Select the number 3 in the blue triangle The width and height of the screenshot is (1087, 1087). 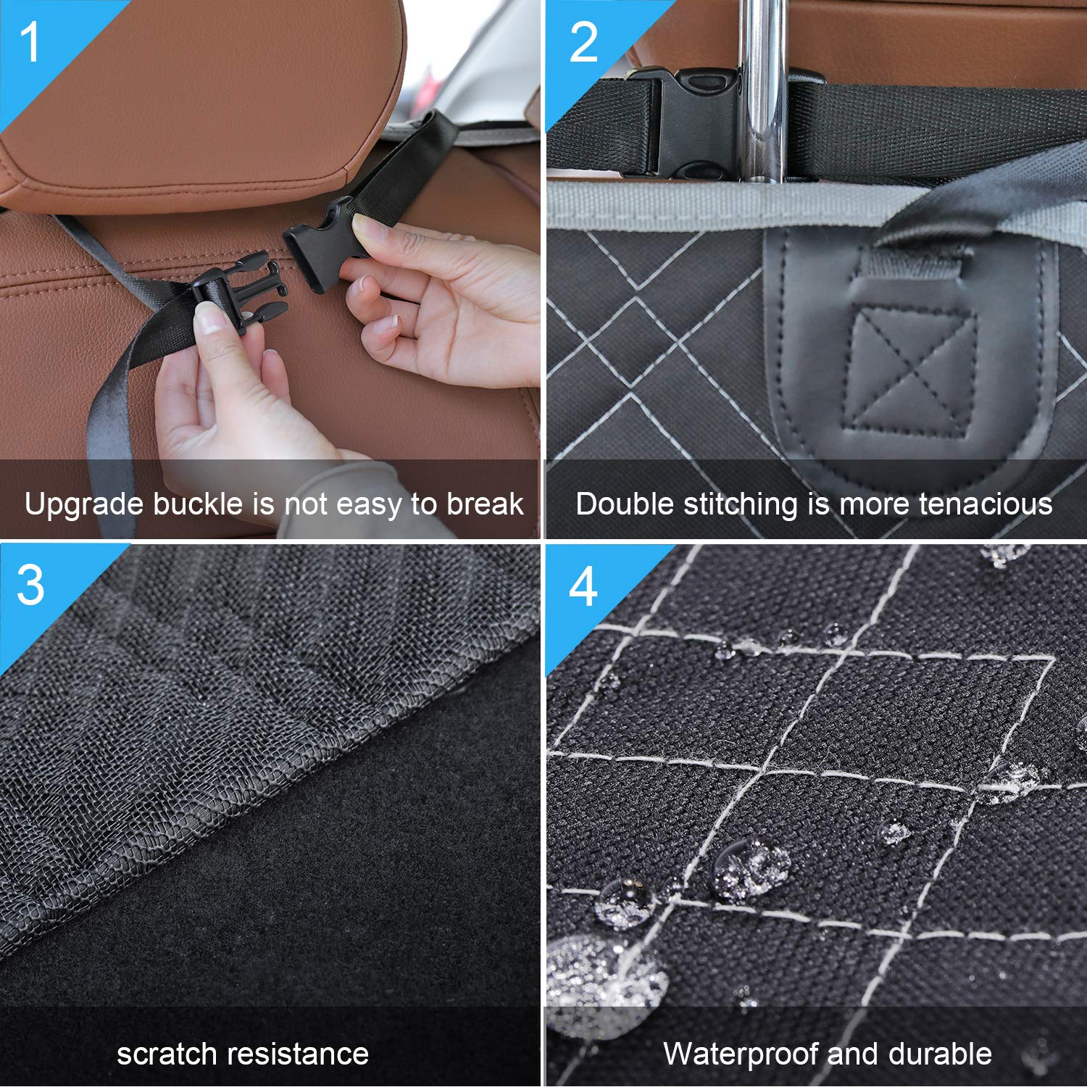point(30,586)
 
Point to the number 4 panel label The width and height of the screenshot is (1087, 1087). point(583,587)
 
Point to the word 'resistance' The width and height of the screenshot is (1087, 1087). point(304,1054)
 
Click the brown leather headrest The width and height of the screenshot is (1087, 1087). point(196,94)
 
